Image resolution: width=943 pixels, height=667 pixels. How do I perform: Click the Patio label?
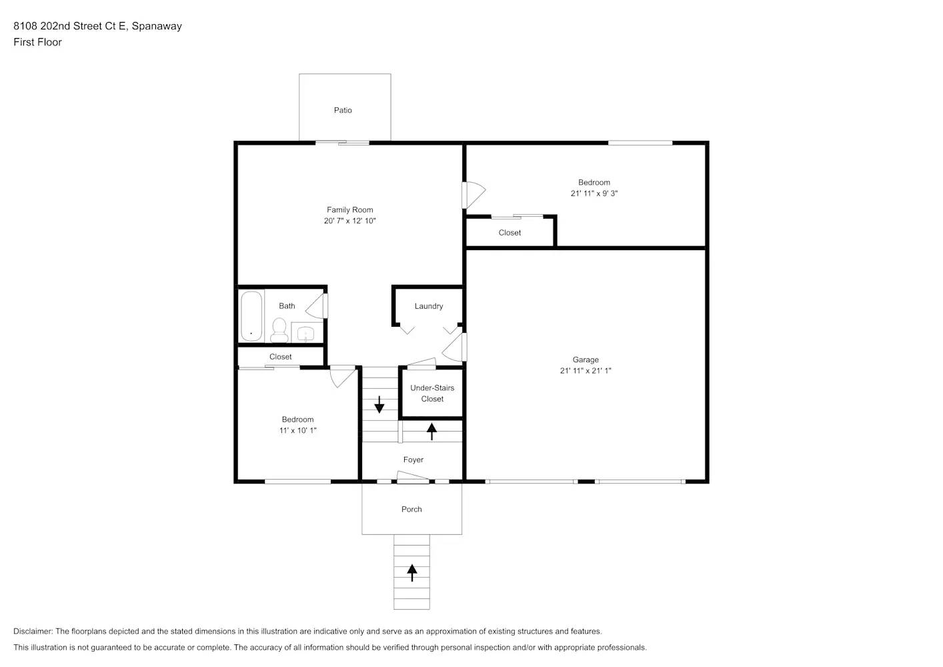click(343, 110)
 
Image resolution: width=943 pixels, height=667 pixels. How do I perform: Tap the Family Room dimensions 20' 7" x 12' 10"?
click(349, 221)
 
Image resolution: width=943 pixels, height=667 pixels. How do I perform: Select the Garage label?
click(586, 360)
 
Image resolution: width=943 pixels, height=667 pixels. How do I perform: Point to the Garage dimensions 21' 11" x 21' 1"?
click(586, 371)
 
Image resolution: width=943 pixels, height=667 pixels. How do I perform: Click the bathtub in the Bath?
click(251, 315)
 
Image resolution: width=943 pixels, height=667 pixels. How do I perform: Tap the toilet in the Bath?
click(279, 329)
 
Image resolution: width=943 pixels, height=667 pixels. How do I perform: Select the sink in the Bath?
click(306, 333)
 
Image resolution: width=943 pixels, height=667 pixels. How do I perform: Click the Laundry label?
click(428, 306)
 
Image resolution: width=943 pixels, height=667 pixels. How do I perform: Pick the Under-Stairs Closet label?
click(432, 394)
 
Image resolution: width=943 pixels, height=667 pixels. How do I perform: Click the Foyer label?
click(413, 460)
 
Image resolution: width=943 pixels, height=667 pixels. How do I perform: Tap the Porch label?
click(411, 509)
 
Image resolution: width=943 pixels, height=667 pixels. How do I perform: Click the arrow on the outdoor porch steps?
click(412, 572)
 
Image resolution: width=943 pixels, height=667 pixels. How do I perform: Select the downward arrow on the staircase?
click(379, 404)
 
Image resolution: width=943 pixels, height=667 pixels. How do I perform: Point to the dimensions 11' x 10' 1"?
click(297, 431)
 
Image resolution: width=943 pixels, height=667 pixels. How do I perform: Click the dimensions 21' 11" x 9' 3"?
click(594, 193)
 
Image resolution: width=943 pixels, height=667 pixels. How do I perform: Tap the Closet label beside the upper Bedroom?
click(510, 233)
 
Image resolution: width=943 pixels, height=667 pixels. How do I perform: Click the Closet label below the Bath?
click(280, 357)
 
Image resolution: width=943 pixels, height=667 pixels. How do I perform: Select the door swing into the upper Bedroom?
click(474, 194)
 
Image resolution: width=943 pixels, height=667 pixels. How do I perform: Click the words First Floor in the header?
click(37, 42)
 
